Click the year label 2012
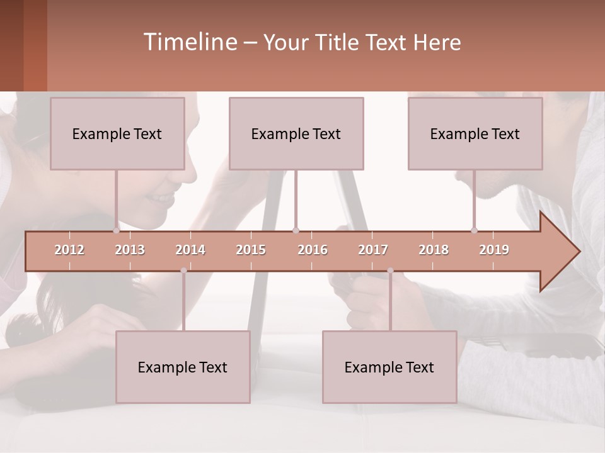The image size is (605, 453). [69, 250]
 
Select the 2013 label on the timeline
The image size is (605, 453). [130, 250]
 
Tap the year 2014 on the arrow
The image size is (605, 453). [190, 250]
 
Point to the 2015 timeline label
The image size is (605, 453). [251, 250]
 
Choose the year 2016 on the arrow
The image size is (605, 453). [313, 250]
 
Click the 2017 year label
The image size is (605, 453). [373, 250]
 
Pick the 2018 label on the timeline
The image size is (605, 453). [434, 250]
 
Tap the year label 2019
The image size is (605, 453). [494, 250]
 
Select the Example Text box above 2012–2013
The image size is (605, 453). [117, 133]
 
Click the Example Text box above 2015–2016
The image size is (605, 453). [296, 133]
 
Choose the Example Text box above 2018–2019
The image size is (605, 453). [475, 133]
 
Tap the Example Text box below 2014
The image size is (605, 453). [183, 367]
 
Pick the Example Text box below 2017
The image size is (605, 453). [389, 367]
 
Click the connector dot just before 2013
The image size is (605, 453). [116, 230]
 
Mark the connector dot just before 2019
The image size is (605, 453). [474, 230]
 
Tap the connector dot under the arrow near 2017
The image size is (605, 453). [390, 271]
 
